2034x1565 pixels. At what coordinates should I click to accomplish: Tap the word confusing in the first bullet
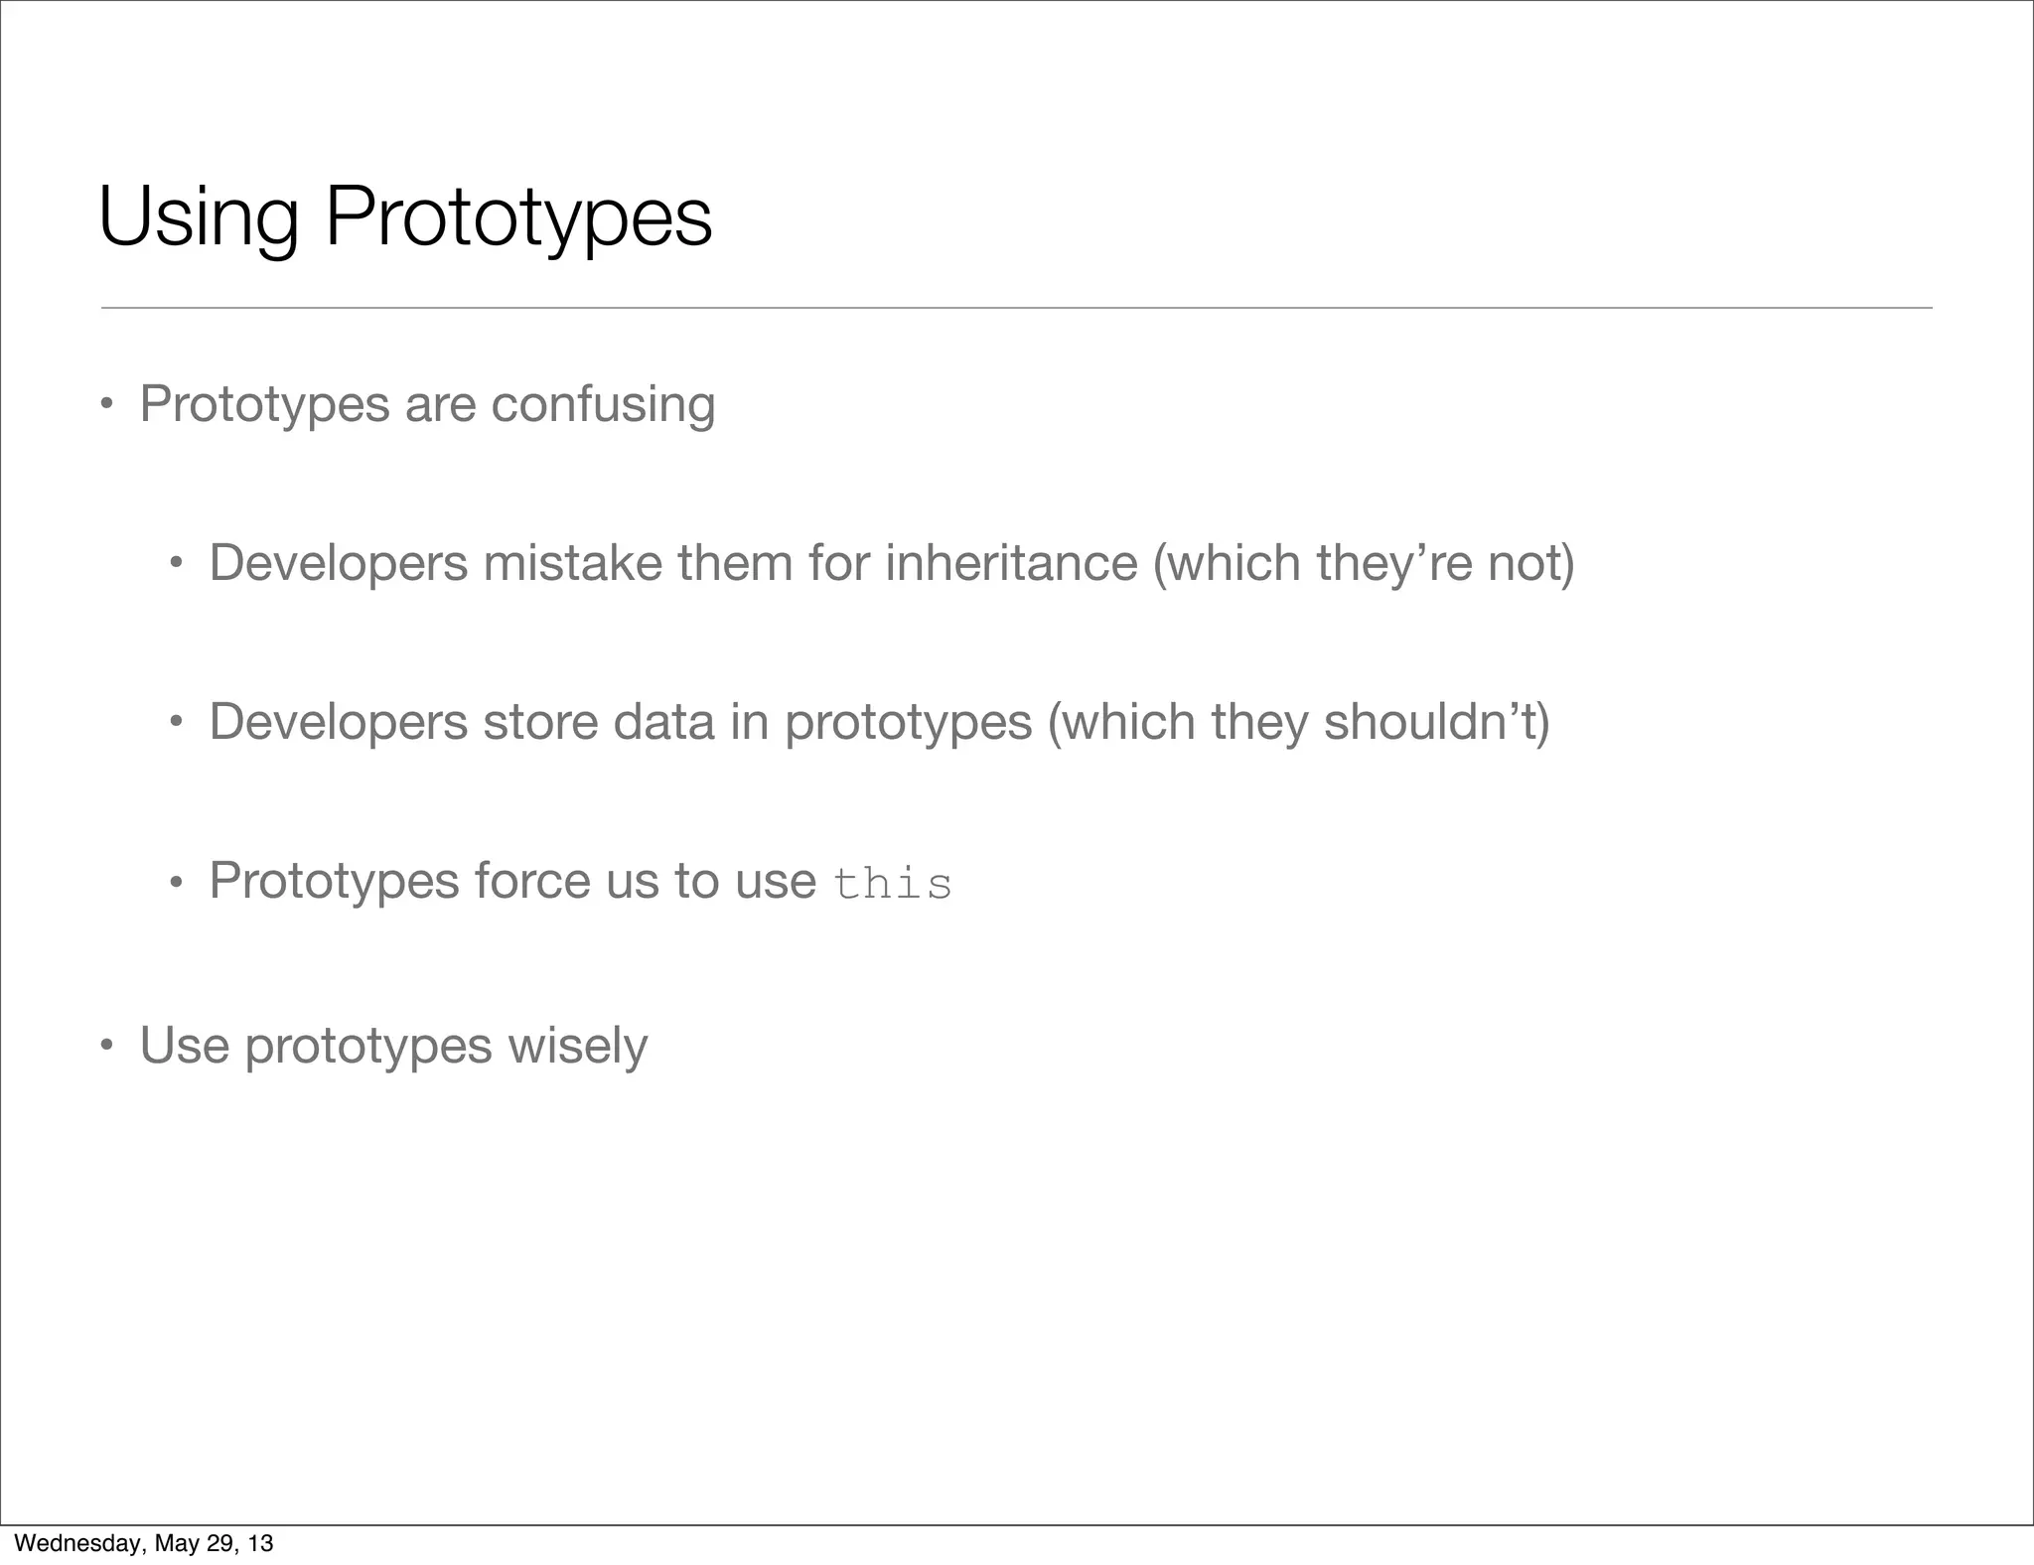(x=603, y=405)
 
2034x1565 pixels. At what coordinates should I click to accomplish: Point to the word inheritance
(x=1011, y=563)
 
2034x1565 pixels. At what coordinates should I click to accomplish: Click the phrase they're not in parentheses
(x=1444, y=563)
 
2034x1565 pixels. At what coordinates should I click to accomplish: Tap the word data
(x=663, y=722)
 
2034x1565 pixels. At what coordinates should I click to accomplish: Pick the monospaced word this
(x=892, y=884)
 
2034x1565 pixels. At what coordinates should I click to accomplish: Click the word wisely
(x=577, y=1046)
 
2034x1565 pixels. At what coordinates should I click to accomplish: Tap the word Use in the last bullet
(x=185, y=1046)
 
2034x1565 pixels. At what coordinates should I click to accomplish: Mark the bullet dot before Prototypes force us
(x=176, y=882)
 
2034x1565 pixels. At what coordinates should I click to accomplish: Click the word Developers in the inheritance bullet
(x=338, y=563)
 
